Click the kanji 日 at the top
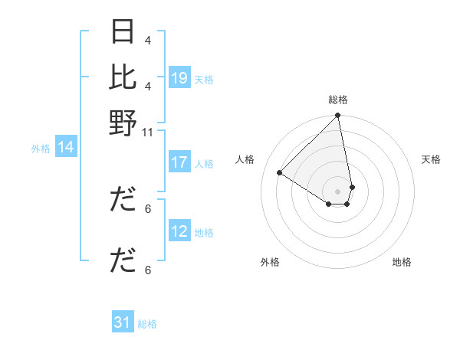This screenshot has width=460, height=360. point(123,31)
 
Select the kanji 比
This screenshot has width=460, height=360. point(123,77)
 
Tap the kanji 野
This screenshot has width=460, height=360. point(123,123)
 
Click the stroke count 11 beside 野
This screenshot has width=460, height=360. point(148,132)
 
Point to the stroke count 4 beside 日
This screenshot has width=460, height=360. point(148,40)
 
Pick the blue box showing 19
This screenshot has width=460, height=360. point(179,78)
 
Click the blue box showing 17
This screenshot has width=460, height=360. point(179,162)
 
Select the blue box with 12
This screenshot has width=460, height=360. point(179,231)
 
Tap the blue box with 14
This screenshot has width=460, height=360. point(65,147)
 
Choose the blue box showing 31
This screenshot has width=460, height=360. point(123,322)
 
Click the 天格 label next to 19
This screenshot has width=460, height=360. point(204,79)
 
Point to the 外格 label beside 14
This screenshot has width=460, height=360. point(41,148)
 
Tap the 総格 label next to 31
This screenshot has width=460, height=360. point(147,323)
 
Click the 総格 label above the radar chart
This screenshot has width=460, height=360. point(338,100)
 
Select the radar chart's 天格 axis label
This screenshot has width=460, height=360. point(432,159)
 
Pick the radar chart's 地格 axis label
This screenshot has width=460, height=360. point(402,262)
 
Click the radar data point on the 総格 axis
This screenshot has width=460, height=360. point(337,116)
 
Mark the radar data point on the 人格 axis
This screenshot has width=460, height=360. point(280,173)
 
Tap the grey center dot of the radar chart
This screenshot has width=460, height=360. point(337,191)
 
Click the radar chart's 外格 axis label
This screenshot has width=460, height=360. point(270,262)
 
